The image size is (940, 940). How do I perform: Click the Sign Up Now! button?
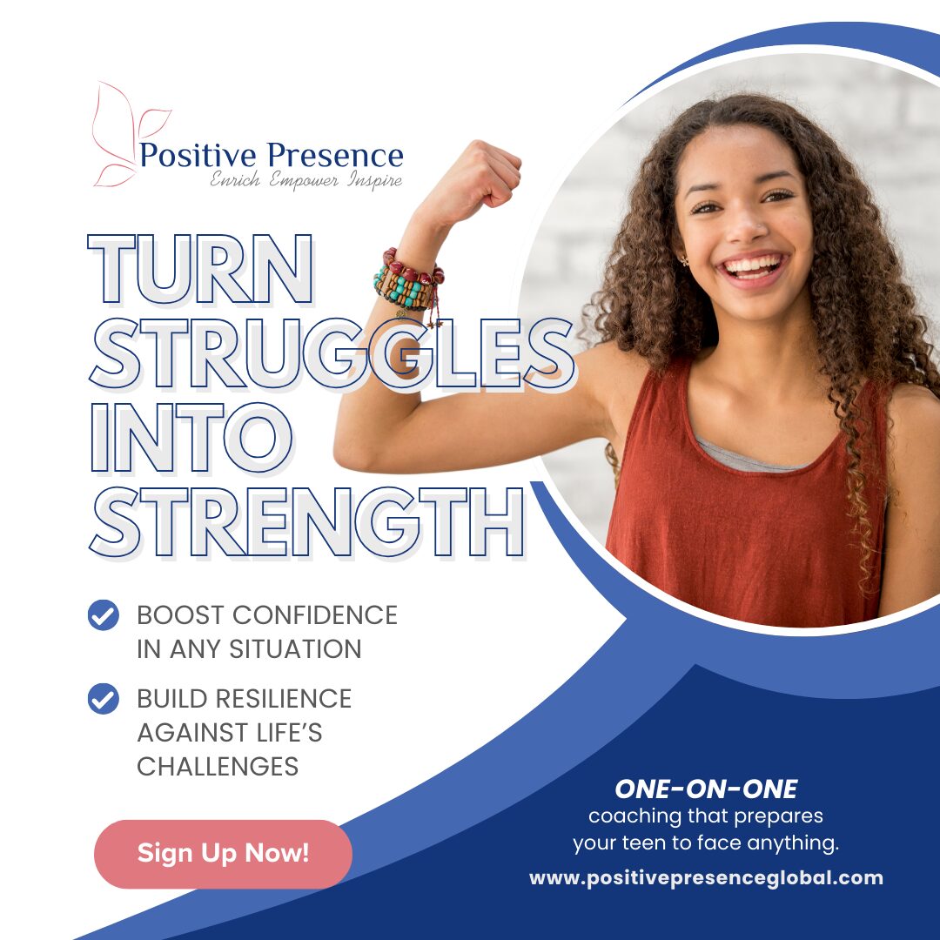click(223, 854)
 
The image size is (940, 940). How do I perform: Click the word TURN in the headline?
click(200, 269)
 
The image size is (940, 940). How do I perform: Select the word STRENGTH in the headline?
click(307, 522)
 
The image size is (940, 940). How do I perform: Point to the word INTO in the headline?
click(191, 438)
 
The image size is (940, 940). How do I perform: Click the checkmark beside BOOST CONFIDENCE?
click(103, 615)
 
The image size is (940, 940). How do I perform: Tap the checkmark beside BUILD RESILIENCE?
click(103, 699)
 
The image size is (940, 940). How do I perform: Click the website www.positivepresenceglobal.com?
click(706, 878)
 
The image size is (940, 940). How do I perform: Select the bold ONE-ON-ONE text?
click(706, 789)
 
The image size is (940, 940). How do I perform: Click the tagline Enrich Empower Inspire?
click(305, 180)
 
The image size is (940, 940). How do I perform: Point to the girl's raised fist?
click(480, 174)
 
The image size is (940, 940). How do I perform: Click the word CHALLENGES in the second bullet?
click(218, 767)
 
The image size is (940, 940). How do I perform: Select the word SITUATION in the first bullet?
click(296, 649)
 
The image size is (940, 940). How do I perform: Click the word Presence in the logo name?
click(335, 155)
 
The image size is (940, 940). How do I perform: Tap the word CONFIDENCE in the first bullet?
click(315, 615)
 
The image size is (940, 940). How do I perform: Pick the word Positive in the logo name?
click(198, 155)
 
